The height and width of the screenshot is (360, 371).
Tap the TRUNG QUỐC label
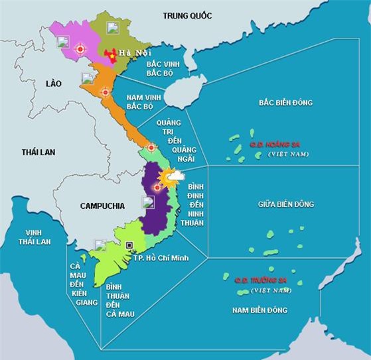coord(186,15)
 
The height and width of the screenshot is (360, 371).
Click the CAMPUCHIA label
coord(102,206)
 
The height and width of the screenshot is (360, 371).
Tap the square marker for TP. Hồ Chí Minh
coord(129,245)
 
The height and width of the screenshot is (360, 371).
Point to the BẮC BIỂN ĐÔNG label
coord(285,103)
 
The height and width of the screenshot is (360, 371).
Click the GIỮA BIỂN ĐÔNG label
coord(286,204)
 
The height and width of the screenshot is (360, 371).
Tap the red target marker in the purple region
coord(157,188)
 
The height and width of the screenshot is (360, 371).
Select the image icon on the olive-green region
coord(113,28)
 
